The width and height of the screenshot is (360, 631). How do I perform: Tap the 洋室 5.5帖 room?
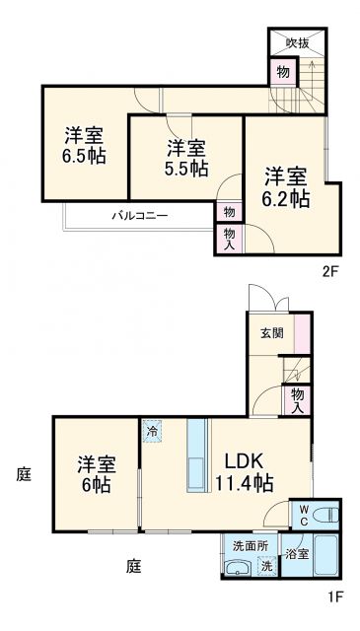pyautogui.click(x=186, y=158)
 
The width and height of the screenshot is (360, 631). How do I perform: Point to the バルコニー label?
pyautogui.click(x=138, y=214)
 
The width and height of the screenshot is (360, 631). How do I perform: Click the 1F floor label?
pyautogui.click(x=334, y=596)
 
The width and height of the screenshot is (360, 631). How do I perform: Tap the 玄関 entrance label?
pyautogui.click(x=272, y=333)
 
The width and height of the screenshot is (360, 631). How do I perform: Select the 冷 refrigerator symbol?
pyautogui.click(x=152, y=431)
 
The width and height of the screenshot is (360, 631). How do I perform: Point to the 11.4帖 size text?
pyautogui.click(x=244, y=482)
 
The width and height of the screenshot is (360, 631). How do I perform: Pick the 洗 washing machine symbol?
pyautogui.click(x=264, y=566)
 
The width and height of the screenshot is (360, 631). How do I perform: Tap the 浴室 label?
pyautogui.click(x=296, y=554)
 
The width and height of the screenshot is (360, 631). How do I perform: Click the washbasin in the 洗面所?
pyautogui.click(x=236, y=567)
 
